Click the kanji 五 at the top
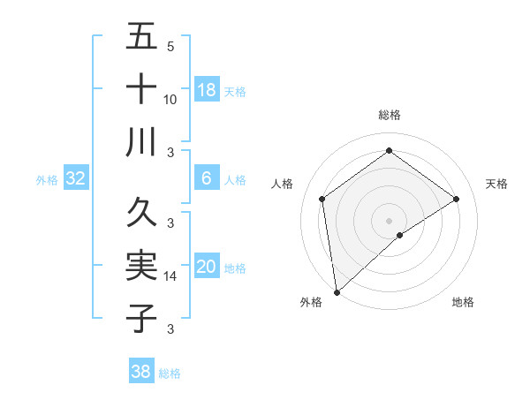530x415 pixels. pos(142,38)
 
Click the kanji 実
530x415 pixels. pos(142,266)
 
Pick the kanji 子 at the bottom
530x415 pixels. pos(142,318)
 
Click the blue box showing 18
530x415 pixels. pos(207,90)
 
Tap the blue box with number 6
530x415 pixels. pos(207,178)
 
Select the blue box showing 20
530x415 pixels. pos(207,267)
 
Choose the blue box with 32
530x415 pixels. pos(76,178)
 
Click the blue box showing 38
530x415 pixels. pos(141,372)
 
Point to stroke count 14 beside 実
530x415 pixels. pos(170,276)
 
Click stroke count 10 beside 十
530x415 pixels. pos(170,99)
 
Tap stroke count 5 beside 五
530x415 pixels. pos(170,47)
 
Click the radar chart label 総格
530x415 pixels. pos(390,115)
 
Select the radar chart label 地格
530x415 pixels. pos(463,303)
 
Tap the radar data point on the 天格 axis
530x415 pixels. pos(457,199)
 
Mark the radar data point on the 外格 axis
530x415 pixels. pos(337,291)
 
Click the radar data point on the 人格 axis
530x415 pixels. pos(322,199)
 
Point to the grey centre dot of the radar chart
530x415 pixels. pos(390,219)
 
